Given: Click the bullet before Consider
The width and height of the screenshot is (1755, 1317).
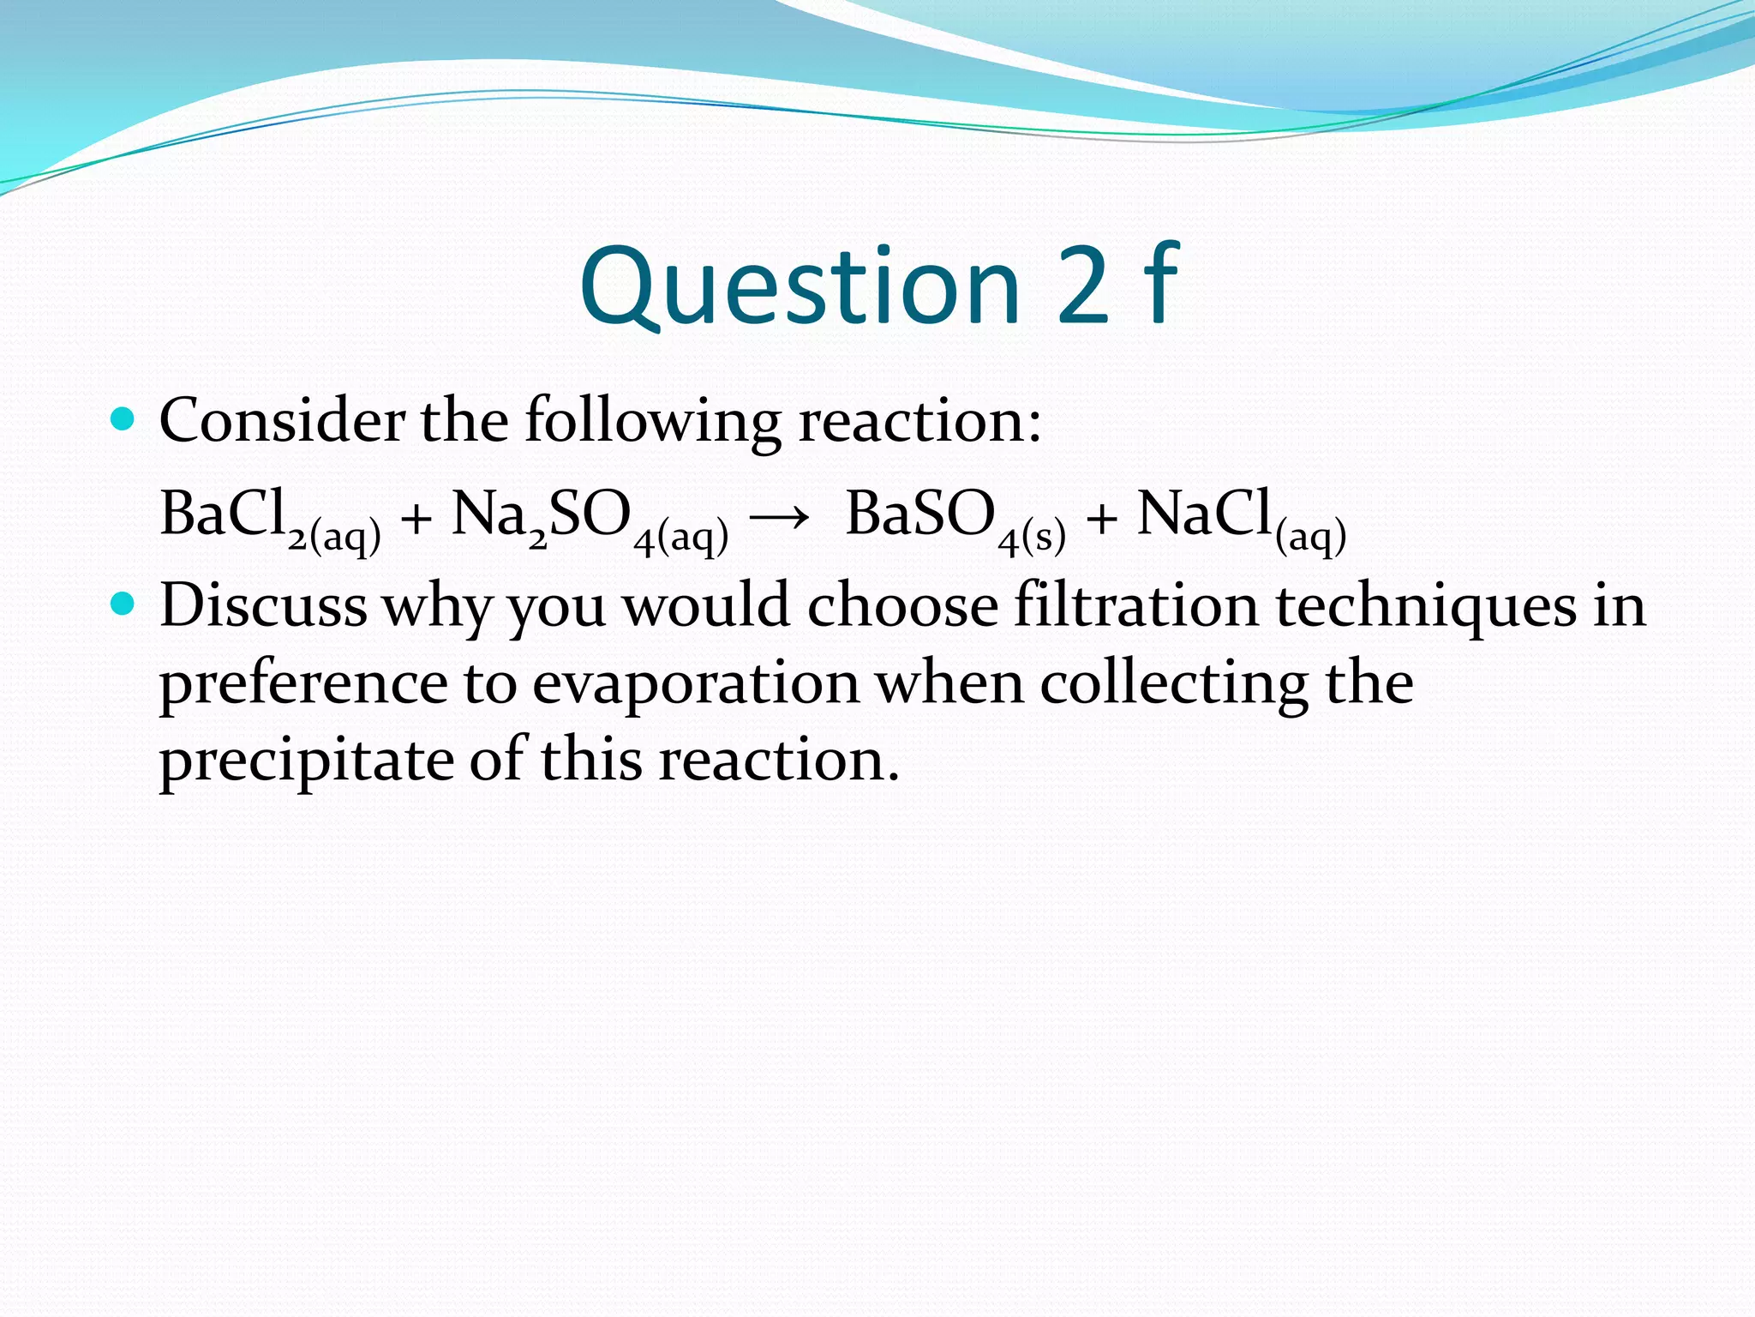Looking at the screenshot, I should tap(124, 420).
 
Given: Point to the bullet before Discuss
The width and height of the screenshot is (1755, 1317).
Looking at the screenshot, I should tap(124, 605).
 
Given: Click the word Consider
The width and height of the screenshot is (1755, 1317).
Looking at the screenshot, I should tap(282, 421).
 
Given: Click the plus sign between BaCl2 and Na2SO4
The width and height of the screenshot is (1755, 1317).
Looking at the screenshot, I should tap(416, 520).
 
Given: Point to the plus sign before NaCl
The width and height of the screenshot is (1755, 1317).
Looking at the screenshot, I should tap(1101, 520).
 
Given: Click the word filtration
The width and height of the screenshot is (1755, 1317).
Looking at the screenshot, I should tap(1135, 605).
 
